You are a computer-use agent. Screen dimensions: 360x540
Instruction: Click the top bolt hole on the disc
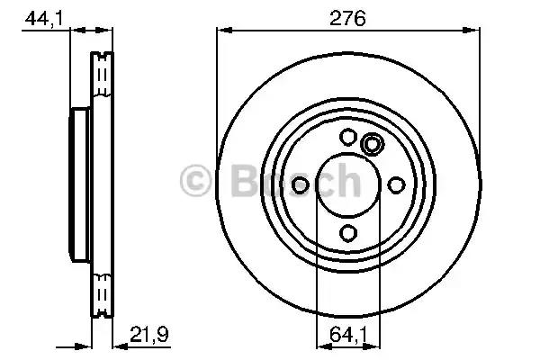(347, 137)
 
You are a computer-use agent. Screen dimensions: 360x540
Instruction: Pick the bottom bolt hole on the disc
(347, 233)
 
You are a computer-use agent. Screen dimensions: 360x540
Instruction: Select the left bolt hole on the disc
(301, 184)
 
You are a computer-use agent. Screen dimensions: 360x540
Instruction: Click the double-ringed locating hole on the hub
(371, 144)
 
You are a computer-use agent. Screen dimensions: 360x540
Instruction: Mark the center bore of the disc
(347, 184)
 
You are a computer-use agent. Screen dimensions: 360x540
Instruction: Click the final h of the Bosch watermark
(345, 181)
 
